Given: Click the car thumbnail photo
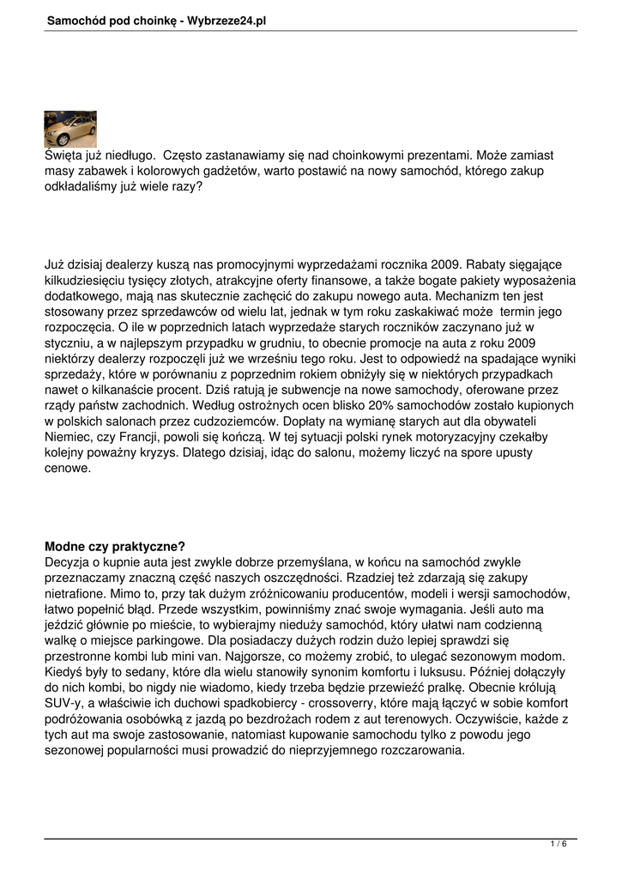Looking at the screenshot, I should pos(69,129).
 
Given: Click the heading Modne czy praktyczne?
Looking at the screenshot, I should pos(115,546).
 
